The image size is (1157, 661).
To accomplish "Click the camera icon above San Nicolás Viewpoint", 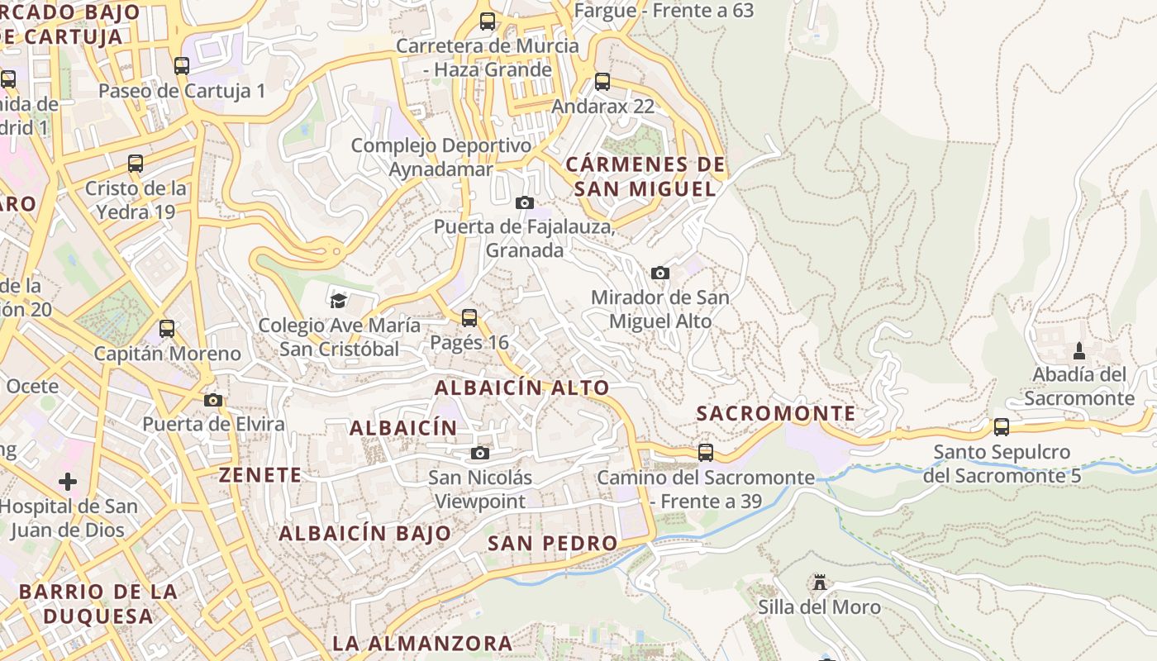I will tap(479, 453).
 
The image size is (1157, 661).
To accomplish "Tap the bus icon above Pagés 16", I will tap(469, 317).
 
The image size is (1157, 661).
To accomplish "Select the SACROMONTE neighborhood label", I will tap(776, 413).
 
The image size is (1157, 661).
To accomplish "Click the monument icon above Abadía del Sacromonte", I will tap(1078, 351).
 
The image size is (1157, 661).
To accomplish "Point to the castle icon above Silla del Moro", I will tap(819, 583).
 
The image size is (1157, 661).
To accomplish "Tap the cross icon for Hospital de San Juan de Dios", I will tap(68, 481).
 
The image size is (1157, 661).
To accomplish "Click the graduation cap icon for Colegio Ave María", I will tap(338, 300).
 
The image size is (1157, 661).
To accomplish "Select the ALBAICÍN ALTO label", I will tap(521, 388).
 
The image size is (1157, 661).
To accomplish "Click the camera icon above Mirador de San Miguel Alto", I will tap(659, 273).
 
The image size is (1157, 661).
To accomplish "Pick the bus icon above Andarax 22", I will tap(602, 82).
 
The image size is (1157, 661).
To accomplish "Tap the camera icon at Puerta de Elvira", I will tap(213, 401).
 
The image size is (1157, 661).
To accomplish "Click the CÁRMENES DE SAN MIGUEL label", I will tap(645, 177).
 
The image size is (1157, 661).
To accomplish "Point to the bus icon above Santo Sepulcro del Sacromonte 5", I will tap(1001, 427).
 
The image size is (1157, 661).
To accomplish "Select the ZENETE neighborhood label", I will tap(260, 475).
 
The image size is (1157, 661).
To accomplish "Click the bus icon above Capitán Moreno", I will tap(167, 329).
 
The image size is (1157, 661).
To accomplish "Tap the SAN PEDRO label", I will tap(552, 543).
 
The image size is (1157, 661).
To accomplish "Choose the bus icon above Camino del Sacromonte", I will tap(705, 453).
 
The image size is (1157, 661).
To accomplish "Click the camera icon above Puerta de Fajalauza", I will tap(524, 202).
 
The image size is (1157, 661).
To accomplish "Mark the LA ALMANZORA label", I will tap(422, 643).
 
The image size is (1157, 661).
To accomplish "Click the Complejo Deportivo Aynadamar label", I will tap(441, 157).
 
